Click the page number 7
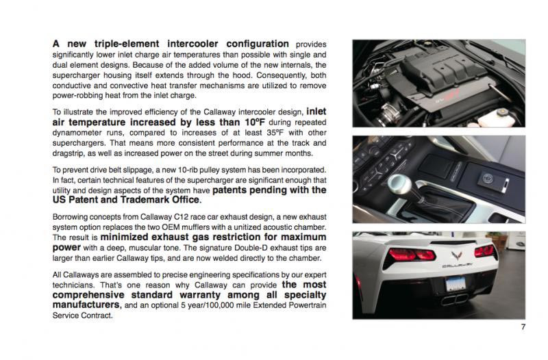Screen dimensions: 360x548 pyautogui.click(x=523, y=326)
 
